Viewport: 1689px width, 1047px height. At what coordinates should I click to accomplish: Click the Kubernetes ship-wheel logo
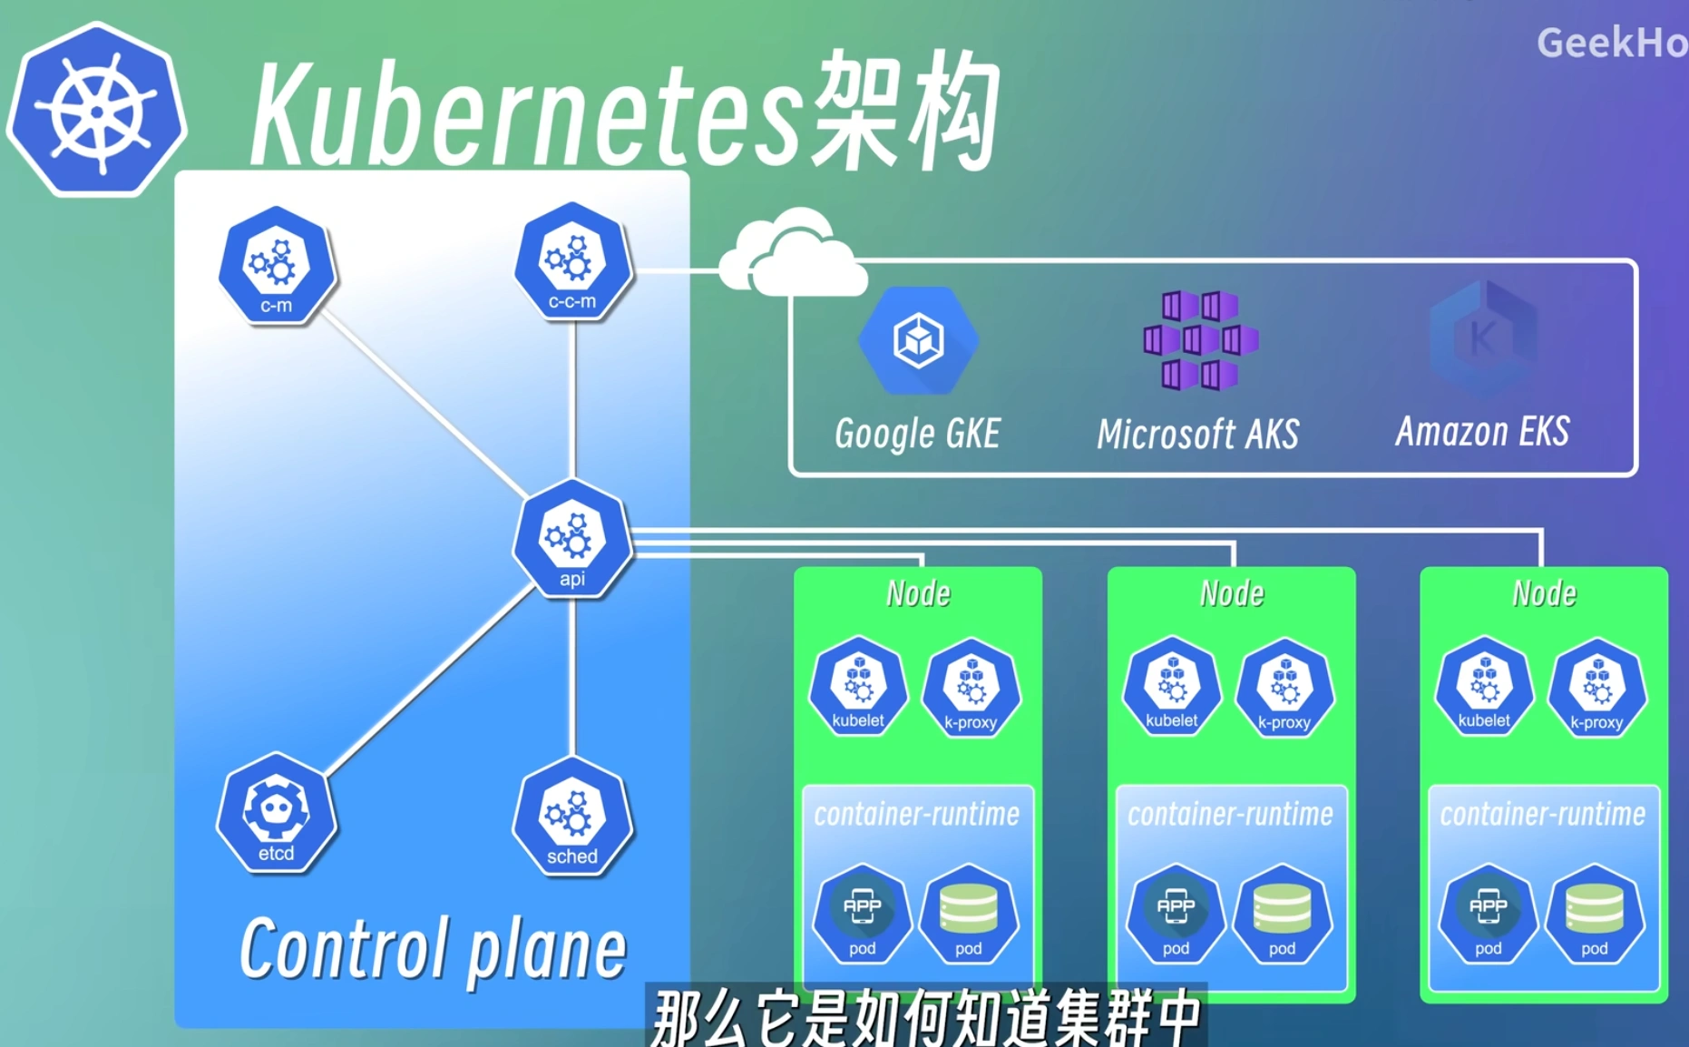coord(96,111)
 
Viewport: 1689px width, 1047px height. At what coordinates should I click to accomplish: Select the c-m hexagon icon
coord(277,266)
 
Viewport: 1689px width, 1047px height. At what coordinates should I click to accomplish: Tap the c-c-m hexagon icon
coord(572,262)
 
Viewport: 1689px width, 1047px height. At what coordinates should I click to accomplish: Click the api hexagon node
coord(572,539)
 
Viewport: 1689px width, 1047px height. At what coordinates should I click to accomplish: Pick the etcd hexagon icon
coord(276,814)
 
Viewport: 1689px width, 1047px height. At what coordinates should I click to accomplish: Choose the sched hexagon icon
coord(572,817)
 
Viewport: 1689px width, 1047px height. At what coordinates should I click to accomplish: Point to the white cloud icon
coord(791,256)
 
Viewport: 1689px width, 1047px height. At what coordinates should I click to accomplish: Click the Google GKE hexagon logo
coord(918,341)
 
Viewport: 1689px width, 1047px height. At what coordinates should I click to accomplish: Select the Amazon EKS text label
coord(1482,432)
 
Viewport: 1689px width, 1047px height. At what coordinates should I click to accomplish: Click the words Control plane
coord(433,949)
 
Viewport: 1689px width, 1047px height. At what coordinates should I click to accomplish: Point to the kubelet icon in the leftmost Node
coord(858,687)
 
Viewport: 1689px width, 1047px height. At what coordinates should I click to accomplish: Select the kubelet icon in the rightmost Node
coord(1484,687)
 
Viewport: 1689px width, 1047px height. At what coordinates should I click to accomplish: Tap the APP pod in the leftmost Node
coord(862,915)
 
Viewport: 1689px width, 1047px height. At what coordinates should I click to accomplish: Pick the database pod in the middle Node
coord(1282,915)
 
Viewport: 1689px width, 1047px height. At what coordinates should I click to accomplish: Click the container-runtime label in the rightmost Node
coord(1542,814)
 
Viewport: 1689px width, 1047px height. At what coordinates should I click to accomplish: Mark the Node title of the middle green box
coord(1232,593)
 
